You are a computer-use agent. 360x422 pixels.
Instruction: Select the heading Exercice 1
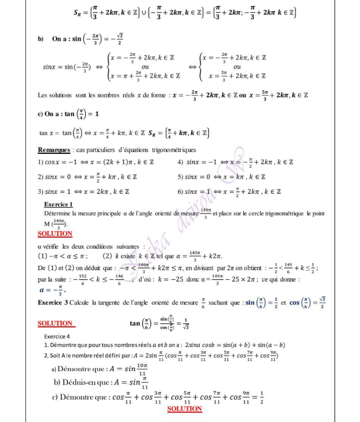point(58,204)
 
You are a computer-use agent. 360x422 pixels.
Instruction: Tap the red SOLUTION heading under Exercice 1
point(55,234)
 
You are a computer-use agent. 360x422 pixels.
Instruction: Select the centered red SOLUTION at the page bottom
point(184,409)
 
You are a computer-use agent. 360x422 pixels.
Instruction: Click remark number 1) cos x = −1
point(70,162)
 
